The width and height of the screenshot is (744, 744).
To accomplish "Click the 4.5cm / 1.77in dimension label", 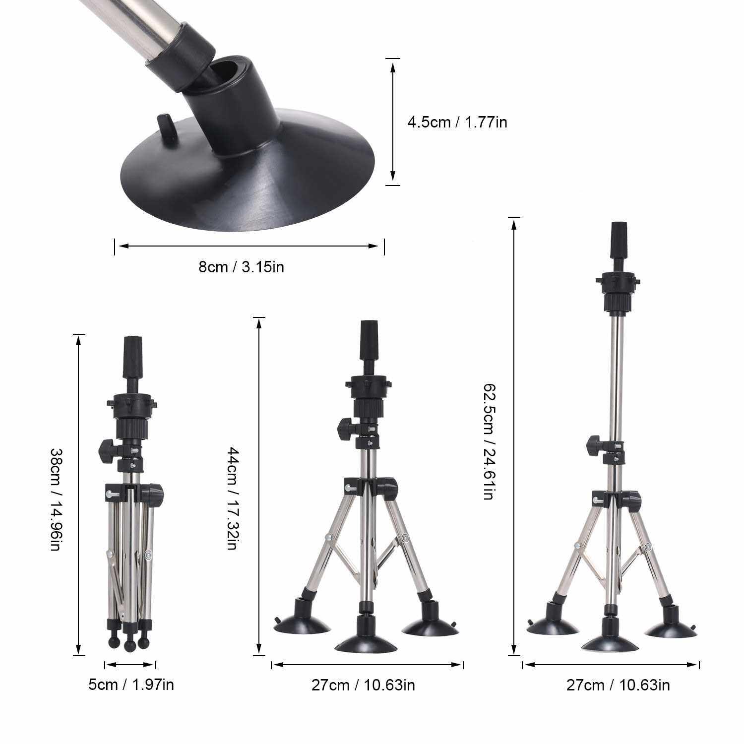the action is pos(457,122).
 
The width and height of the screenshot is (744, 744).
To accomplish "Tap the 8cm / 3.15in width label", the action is pos(242,267).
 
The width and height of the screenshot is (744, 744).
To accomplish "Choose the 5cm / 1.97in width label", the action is pos(131,685).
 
